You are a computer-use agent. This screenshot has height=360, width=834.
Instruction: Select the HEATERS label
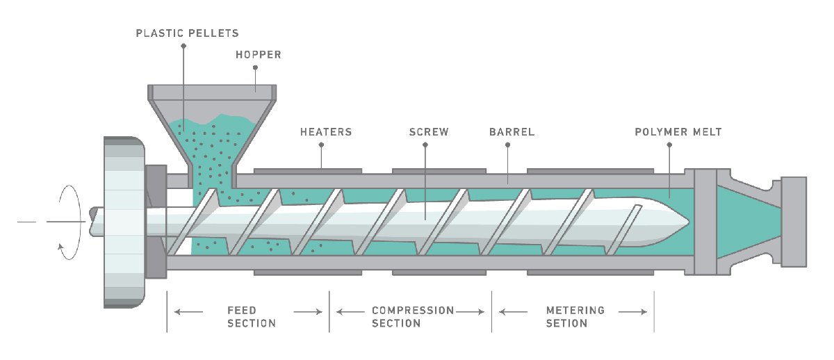tap(325, 131)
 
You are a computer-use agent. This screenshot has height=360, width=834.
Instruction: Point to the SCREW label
tap(428, 131)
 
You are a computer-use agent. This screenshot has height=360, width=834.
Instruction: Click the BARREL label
tap(512, 131)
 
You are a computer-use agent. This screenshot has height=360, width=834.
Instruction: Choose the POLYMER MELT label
tap(678, 131)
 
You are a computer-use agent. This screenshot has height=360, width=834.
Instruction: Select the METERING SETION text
tap(575, 317)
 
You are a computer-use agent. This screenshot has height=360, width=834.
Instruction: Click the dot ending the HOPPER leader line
tap(256, 68)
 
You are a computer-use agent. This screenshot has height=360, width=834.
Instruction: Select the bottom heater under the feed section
tap(307, 273)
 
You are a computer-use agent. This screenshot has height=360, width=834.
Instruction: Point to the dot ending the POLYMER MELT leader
tap(669, 145)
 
